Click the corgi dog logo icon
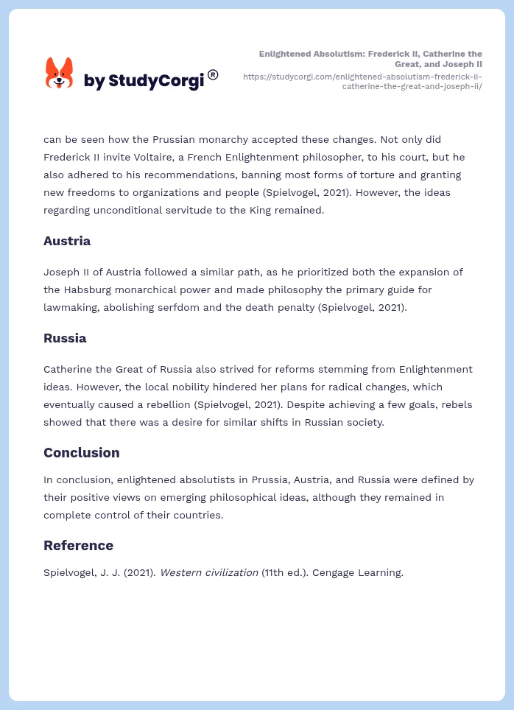[60, 74]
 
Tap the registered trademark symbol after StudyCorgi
[213, 74]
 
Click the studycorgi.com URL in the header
[362, 80]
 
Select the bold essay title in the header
[371, 59]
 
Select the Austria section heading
[67, 241]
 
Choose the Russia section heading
[65, 338]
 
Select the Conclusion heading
[81, 452]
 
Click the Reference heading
[78, 545]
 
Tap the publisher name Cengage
[334, 572]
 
